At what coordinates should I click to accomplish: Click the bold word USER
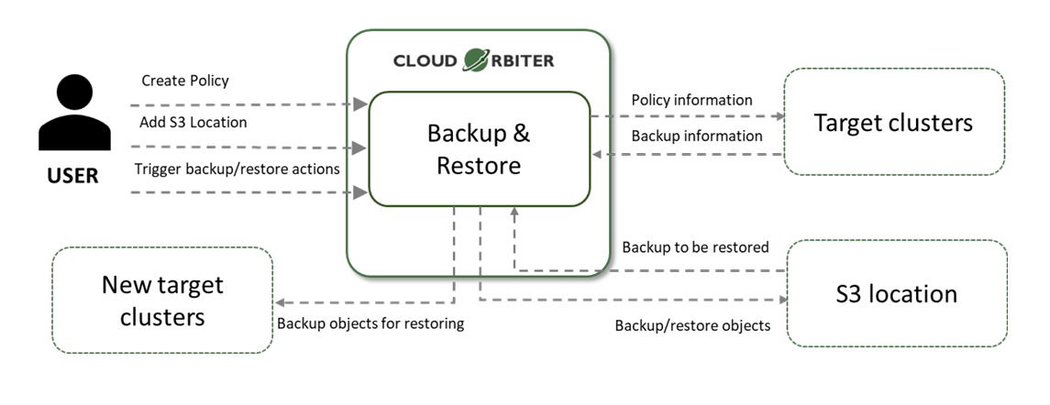click(72, 176)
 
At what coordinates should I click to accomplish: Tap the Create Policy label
click(185, 81)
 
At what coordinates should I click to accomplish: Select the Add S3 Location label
click(193, 122)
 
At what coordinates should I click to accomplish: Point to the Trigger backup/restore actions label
click(237, 169)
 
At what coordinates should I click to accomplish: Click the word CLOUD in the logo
click(426, 61)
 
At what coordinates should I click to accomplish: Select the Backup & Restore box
click(479, 149)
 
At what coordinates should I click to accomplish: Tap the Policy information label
click(691, 100)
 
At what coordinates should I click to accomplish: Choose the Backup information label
click(696, 136)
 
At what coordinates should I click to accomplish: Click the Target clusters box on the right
click(894, 122)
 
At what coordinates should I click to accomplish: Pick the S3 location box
click(896, 294)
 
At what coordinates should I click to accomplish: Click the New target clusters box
click(162, 301)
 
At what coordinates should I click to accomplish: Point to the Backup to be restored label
click(695, 247)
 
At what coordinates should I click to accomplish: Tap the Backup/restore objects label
click(692, 325)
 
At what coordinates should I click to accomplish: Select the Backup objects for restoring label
click(370, 323)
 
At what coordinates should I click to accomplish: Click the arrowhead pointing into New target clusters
click(282, 302)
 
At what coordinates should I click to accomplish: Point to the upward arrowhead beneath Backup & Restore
click(514, 213)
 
